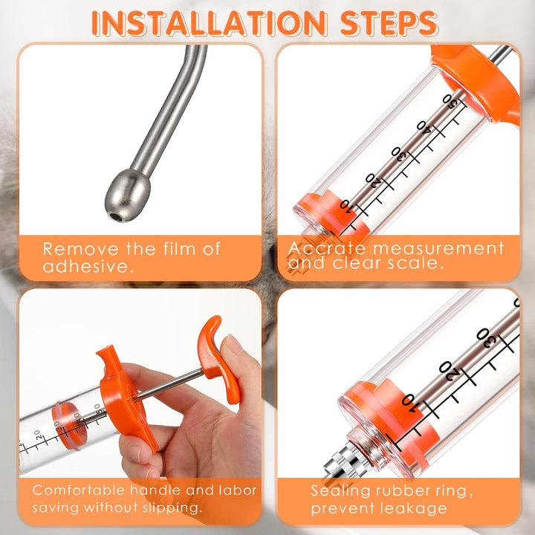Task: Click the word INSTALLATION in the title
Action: click(210, 24)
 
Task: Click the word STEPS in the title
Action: click(389, 24)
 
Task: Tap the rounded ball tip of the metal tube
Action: click(127, 195)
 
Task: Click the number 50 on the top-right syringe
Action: click(452, 102)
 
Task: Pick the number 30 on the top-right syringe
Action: click(401, 155)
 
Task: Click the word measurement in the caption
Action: click(438, 248)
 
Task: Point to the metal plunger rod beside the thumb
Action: click(169, 384)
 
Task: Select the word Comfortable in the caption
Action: click(79, 490)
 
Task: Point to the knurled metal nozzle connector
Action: click(344, 458)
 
